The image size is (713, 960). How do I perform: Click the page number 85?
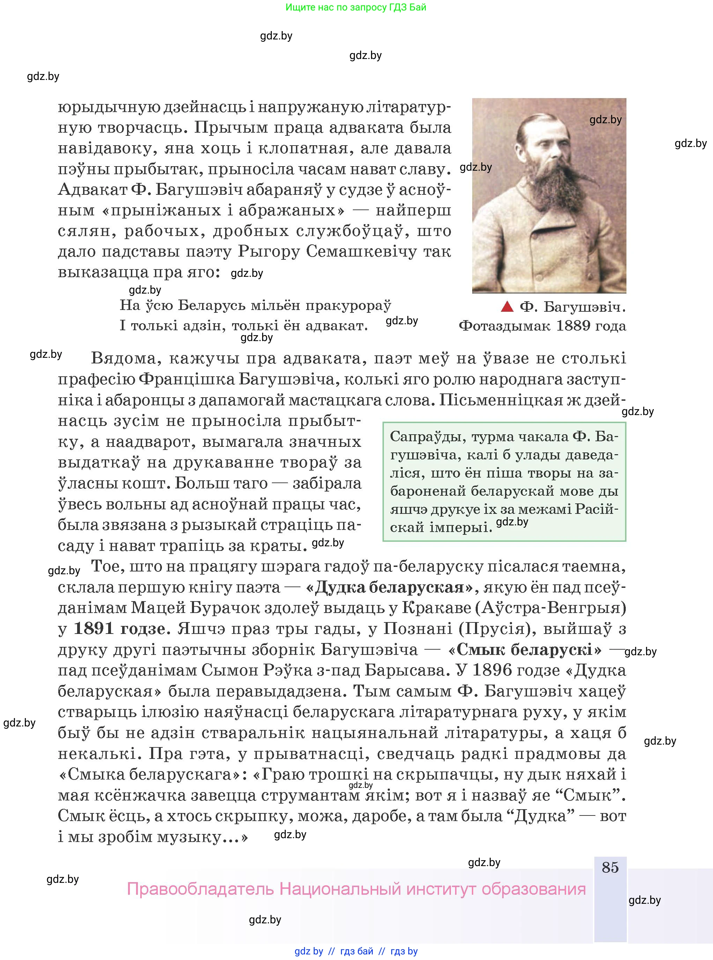[610, 867]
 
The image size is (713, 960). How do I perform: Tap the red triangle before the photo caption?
[507, 307]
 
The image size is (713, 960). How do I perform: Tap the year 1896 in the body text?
[492, 670]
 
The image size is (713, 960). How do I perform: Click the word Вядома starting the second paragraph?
[124, 358]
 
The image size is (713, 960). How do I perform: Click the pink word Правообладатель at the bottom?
[200, 889]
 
